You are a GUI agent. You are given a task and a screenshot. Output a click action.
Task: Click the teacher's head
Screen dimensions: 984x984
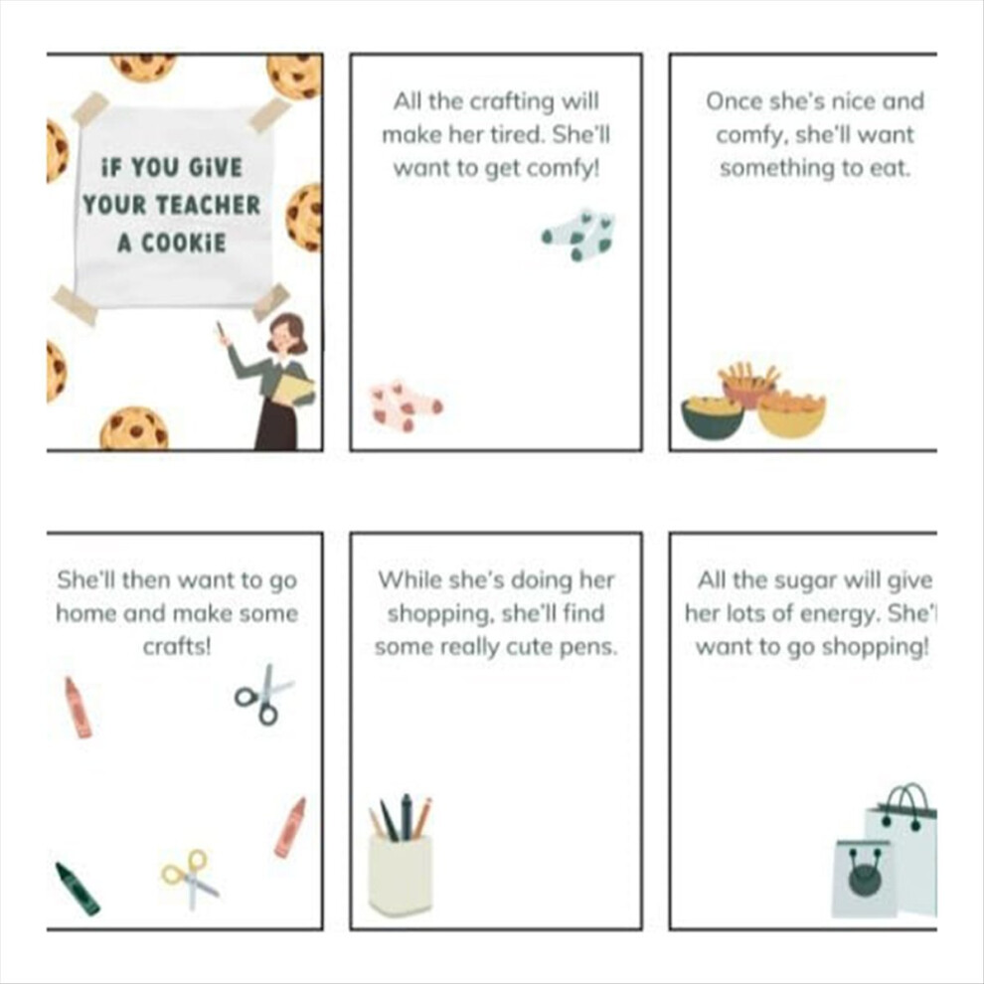pos(287,333)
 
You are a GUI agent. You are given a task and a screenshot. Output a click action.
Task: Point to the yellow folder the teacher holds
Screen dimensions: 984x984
pos(292,389)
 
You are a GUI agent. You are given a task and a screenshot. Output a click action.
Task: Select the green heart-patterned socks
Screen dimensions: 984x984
pos(578,235)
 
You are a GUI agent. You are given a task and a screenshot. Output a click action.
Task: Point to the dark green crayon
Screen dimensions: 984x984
pos(77,889)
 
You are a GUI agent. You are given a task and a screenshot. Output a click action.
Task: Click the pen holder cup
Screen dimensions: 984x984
pos(401,874)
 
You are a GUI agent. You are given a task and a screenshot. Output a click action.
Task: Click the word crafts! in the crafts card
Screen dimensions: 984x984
pos(177,646)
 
